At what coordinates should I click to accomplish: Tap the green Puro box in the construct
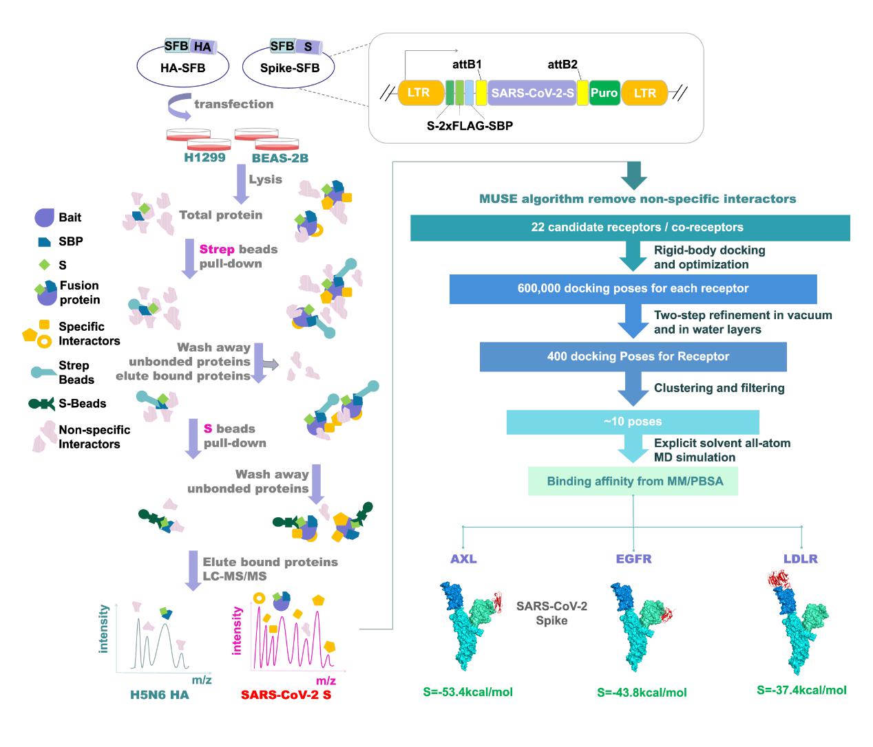click(x=604, y=93)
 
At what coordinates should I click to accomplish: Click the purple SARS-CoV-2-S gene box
click(x=532, y=93)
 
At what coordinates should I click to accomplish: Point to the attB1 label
click(x=467, y=64)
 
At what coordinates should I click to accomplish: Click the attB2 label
click(x=562, y=64)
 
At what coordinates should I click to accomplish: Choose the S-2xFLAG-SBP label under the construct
click(x=470, y=126)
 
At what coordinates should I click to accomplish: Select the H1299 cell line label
click(x=205, y=158)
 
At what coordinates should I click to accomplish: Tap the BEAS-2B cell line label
click(x=280, y=158)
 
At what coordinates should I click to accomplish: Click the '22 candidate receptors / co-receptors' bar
click(x=630, y=228)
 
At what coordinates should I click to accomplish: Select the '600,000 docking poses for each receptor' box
click(x=633, y=289)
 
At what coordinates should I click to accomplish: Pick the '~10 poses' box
click(x=633, y=422)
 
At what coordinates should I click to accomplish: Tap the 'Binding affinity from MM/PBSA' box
click(x=633, y=481)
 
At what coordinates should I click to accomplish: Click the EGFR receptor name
click(x=633, y=559)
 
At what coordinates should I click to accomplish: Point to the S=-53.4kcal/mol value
click(x=468, y=692)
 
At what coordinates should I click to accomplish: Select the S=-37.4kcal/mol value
click(x=801, y=690)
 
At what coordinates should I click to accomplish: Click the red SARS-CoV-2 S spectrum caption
click(x=286, y=695)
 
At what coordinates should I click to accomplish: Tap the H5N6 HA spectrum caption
click(x=160, y=695)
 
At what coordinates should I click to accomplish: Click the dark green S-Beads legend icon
click(x=41, y=404)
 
